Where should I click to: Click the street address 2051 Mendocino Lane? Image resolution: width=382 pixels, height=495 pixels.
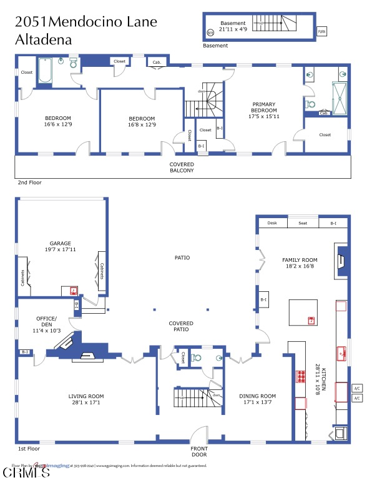[86, 22]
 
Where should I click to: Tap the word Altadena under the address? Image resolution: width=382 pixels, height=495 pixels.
[43, 39]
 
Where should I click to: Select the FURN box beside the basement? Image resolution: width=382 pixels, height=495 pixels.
[321, 31]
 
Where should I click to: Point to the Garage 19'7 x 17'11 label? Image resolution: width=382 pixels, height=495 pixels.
[61, 247]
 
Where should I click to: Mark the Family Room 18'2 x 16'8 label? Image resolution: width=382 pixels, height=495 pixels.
[300, 263]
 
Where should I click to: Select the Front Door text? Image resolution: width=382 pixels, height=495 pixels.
[199, 451]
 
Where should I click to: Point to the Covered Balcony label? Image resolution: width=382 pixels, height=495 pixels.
[182, 167]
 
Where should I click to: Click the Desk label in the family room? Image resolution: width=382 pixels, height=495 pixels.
[272, 223]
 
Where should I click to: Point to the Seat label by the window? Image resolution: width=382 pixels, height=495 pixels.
[303, 223]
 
